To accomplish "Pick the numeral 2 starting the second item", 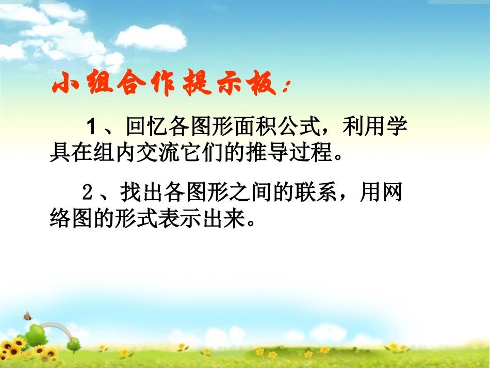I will (x=87, y=194).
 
